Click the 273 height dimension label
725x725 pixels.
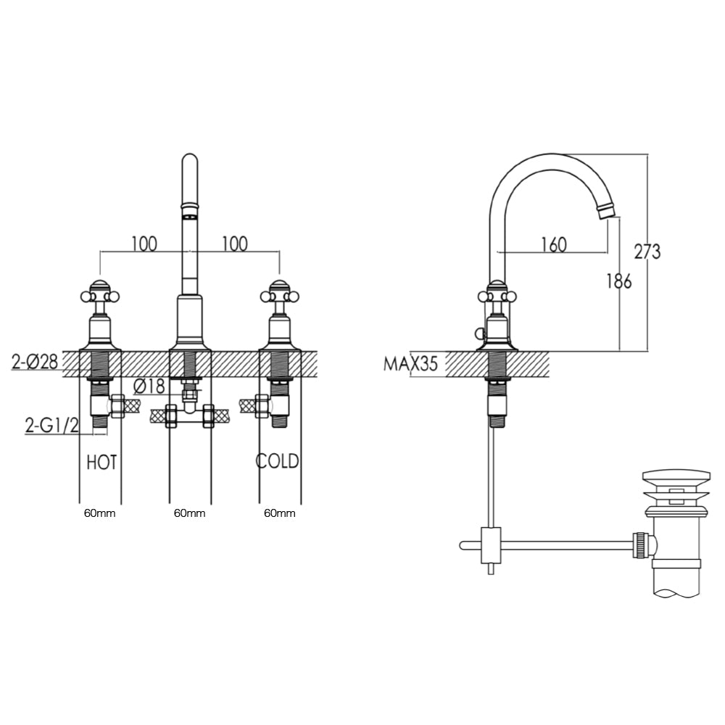647,252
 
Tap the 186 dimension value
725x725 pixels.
618,281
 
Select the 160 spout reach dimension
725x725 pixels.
553,244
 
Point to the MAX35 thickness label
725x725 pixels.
410,363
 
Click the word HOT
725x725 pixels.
101,462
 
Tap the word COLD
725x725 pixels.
278,462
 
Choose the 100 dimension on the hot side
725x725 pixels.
144,244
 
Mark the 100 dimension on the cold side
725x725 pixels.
234,244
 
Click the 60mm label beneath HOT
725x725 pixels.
99,513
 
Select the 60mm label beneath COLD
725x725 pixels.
279,513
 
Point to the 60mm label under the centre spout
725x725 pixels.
189,513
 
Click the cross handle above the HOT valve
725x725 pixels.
99,294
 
